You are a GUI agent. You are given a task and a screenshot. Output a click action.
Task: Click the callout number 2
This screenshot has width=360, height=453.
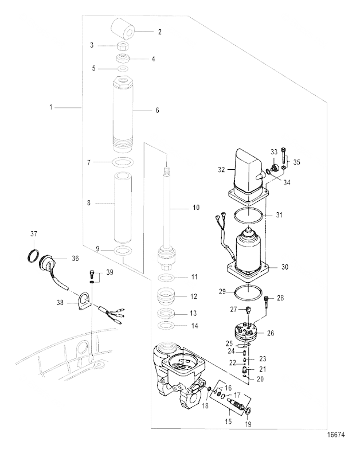(x=160, y=32)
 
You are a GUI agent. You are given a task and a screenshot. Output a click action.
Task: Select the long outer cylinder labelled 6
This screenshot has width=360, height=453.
(x=123, y=115)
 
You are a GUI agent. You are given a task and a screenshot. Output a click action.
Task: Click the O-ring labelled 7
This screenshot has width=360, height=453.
(x=123, y=162)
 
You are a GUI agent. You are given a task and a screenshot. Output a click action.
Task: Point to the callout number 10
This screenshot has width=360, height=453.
(x=196, y=208)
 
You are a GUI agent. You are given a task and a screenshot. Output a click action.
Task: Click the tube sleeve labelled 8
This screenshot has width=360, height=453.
(x=123, y=208)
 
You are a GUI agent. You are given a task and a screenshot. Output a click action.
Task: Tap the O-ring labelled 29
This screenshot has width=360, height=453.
(x=248, y=292)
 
